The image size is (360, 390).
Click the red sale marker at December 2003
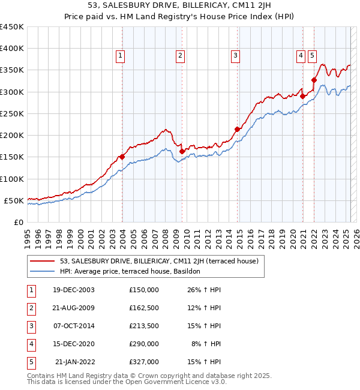point(122,157)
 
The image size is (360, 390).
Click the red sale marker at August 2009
point(182,152)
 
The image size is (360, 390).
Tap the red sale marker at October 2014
point(237,129)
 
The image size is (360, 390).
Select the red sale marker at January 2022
point(314,79)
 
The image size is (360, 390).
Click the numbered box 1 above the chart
point(121,56)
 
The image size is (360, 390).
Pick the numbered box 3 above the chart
point(236,56)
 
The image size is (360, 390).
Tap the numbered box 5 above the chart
point(312,56)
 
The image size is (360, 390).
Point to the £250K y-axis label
point(12,113)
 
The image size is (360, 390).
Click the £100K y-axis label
point(12,179)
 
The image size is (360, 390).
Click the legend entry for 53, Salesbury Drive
point(159,261)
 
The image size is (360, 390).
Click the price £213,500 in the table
point(144,326)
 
